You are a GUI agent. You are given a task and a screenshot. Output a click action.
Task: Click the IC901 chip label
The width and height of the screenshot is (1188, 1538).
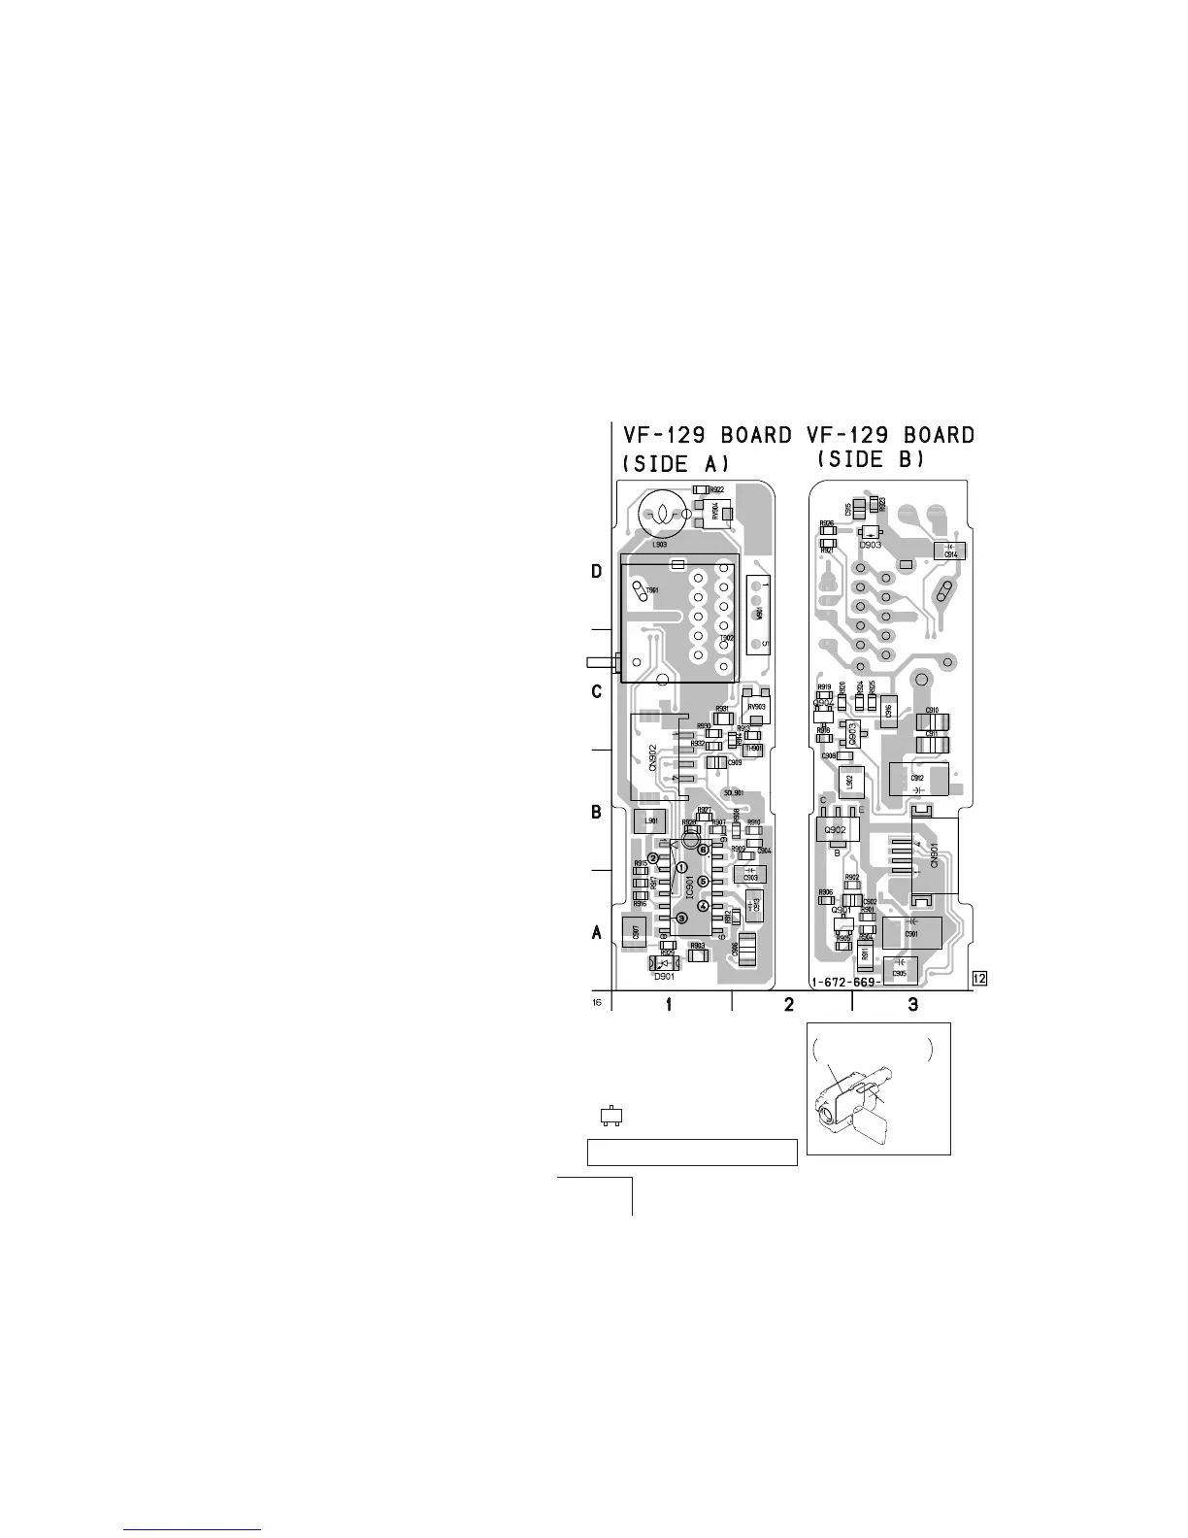688,886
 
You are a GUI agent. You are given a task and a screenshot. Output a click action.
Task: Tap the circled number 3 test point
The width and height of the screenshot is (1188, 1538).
681,918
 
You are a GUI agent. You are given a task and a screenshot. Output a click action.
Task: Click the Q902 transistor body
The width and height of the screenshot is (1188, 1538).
836,830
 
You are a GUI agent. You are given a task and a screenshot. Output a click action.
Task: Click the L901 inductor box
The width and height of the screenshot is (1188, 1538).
651,821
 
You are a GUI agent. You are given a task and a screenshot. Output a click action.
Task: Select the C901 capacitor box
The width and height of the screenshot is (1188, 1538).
911,933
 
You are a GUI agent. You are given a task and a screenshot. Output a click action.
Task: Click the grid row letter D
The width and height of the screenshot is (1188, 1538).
598,572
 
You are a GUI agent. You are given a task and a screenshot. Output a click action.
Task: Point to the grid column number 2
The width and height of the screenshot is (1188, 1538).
789,1004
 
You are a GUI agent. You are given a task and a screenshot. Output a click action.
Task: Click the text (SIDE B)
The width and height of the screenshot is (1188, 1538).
872,458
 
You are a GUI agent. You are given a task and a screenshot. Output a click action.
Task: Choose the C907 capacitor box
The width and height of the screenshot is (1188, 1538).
635,933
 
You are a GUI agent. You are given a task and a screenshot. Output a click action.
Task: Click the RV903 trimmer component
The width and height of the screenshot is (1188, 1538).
755,706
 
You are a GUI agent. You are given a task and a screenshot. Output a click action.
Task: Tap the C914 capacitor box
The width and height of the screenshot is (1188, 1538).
949,552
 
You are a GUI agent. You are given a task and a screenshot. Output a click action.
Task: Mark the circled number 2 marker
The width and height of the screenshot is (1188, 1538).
654,857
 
